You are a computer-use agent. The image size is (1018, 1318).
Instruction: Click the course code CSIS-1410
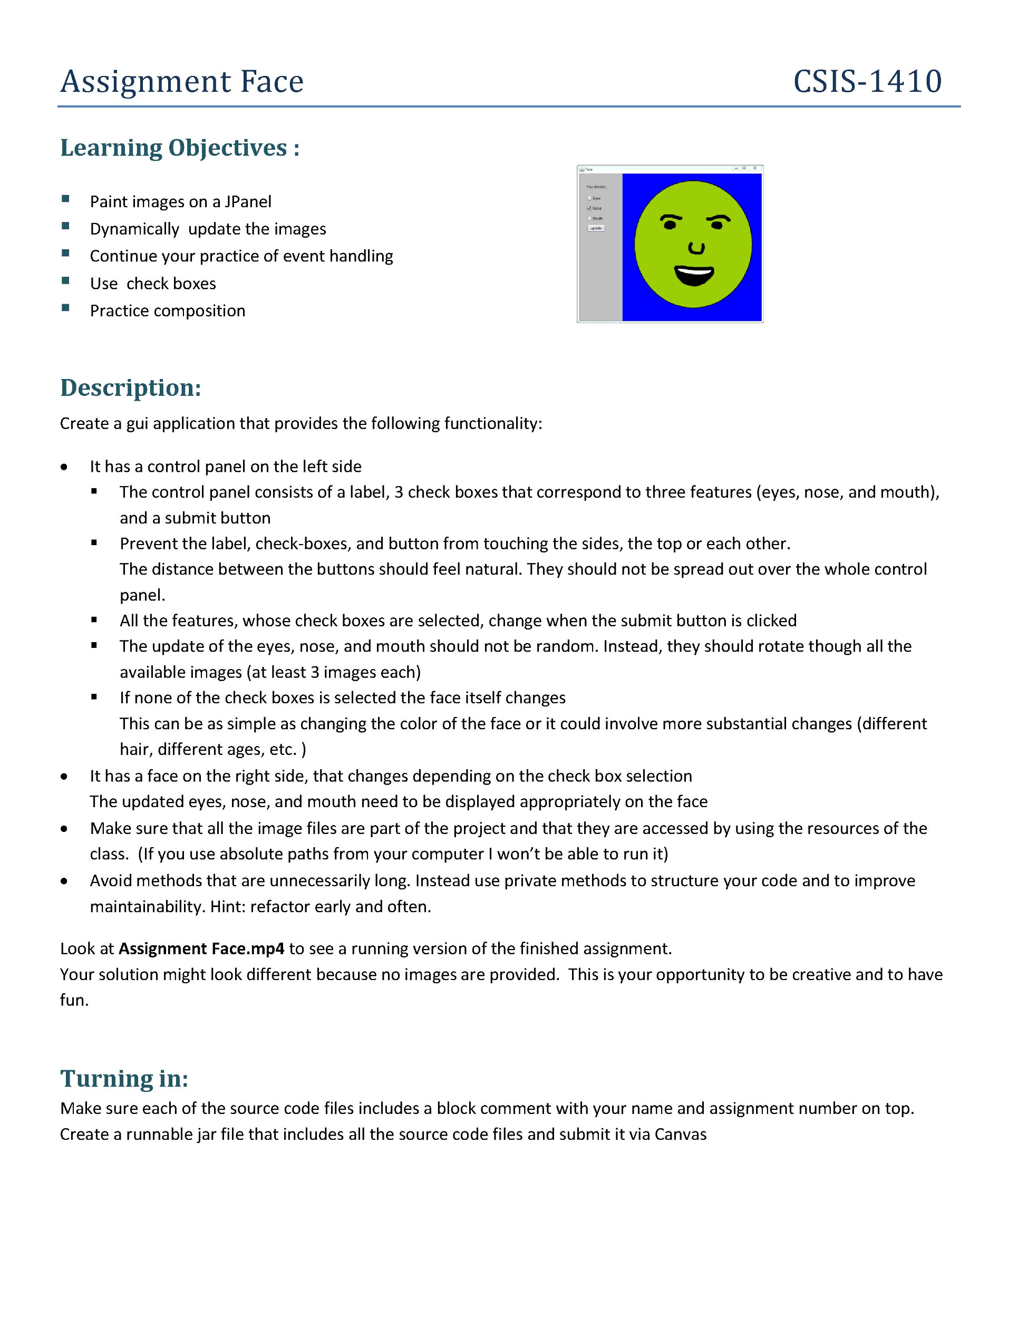pyautogui.click(x=867, y=82)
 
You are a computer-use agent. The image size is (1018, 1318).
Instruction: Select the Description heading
pyautogui.click(x=130, y=387)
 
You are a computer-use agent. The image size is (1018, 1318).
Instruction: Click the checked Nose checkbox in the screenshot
pyautogui.click(x=589, y=208)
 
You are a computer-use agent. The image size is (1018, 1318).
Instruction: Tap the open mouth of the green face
pyautogui.click(x=694, y=276)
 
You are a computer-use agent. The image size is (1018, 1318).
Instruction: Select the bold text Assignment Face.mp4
pyautogui.click(x=201, y=948)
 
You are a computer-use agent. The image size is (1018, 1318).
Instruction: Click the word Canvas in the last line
pyautogui.click(x=680, y=1135)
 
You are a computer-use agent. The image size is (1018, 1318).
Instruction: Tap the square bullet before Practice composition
pyautogui.click(x=65, y=309)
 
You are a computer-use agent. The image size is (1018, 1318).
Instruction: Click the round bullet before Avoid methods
pyautogui.click(x=64, y=881)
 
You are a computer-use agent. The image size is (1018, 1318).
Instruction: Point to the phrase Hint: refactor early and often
pyautogui.click(x=321, y=907)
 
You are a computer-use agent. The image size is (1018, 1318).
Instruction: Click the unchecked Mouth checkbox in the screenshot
pyautogui.click(x=589, y=218)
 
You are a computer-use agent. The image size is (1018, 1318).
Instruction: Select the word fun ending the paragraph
pyautogui.click(x=73, y=1001)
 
